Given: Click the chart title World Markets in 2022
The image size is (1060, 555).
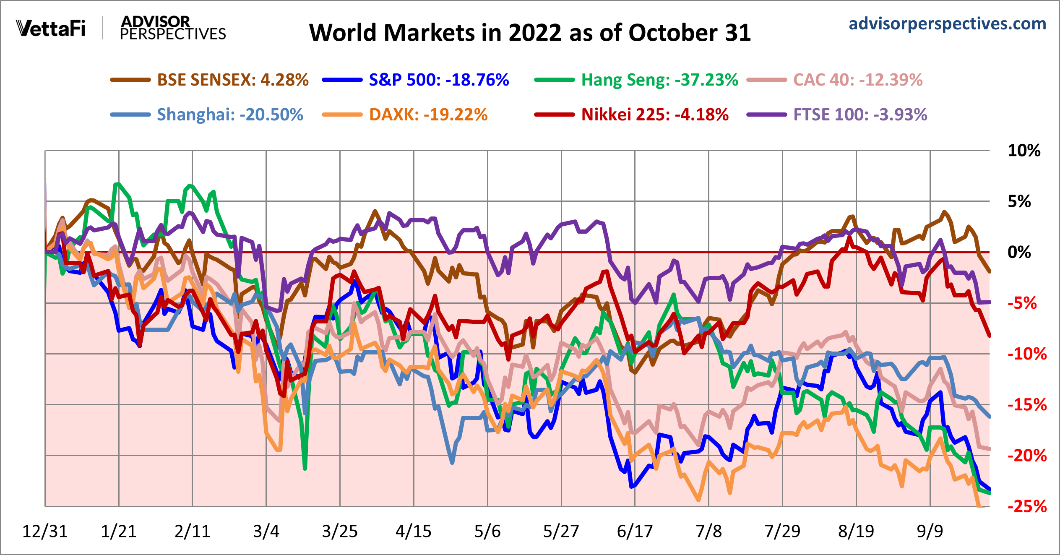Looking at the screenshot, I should click(x=530, y=33).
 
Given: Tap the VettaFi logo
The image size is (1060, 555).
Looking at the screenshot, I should click(x=51, y=29).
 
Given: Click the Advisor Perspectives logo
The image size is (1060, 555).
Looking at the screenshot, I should click(x=172, y=28).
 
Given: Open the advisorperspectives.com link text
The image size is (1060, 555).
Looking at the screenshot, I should click(x=947, y=24).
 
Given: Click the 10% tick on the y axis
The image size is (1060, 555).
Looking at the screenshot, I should click(x=1024, y=151).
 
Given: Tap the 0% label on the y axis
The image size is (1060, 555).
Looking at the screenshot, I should click(x=1019, y=252).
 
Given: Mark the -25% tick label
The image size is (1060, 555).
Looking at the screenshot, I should click(x=1027, y=507).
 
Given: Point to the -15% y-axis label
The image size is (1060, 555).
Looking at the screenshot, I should click(x=1027, y=405).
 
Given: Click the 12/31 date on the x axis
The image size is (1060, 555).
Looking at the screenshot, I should click(x=45, y=532).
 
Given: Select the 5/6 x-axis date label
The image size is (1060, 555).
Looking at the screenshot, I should click(x=487, y=532).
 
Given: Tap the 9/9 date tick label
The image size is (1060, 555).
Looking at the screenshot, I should click(x=930, y=532).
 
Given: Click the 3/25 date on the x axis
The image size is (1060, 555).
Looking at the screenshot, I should click(x=340, y=532).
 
